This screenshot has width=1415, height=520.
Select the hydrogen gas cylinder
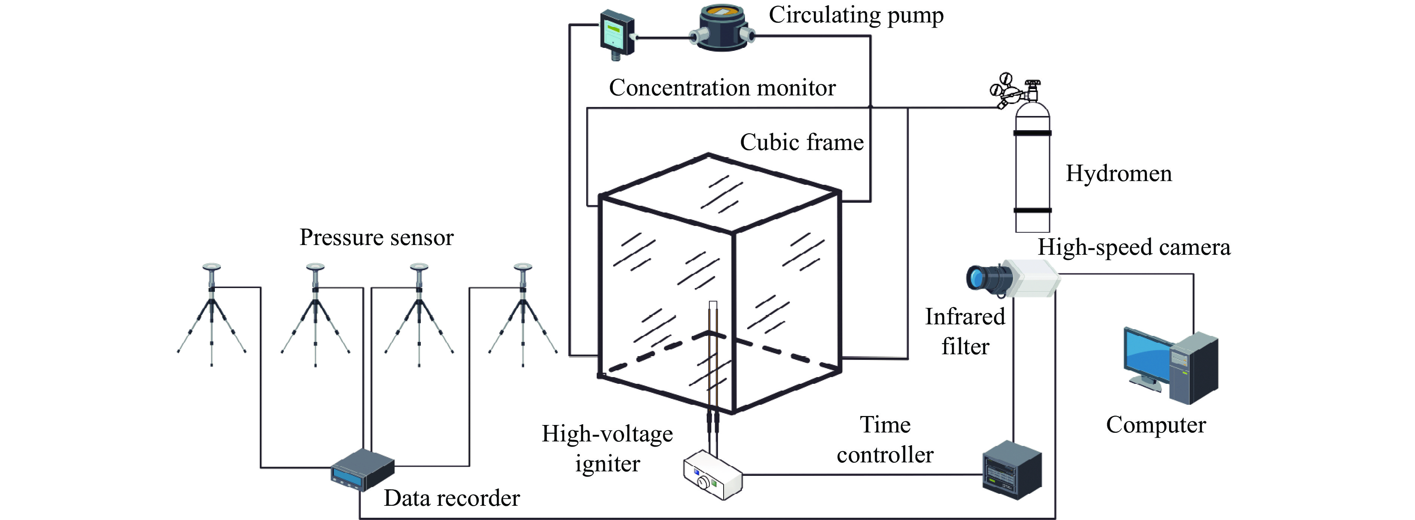click(1032, 165)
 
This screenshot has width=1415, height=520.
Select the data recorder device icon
click(362, 469)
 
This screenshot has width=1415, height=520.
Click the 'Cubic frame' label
click(801, 142)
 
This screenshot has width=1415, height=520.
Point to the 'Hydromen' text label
click(1119, 174)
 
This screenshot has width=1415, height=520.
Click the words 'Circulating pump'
click(856, 15)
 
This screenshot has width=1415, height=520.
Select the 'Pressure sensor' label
click(376, 237)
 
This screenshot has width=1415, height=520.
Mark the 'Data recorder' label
click(451, 498)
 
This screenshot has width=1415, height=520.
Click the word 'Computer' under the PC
click(1156, 425)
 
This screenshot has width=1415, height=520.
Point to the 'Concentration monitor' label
click(722, 88)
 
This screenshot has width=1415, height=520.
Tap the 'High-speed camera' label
click(1134, 248)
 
